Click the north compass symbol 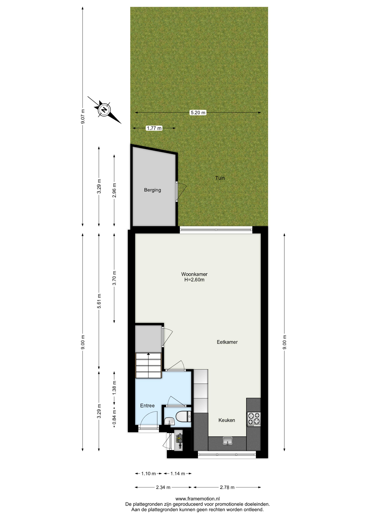click(x=104, y=110)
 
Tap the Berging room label click(x=152, y=190)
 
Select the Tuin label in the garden click(x=220, y=178)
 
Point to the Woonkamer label click(x=194, y=274)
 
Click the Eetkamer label click(x=227, y=342)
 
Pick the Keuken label click(x=227, y=420)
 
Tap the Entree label click(x=147, y=405)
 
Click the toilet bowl click(x=183, y=416)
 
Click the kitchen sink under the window click(x=227, y=441)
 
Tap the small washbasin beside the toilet click(x=169, y=421)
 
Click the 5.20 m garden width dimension click(x=198, y=112)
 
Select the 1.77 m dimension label click(x=154, y=128)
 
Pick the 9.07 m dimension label click(x=83, y=117)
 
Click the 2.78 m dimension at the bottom click(x=227, y=487)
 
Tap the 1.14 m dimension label click(x=178, y=474)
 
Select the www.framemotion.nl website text click(x=198, y=499)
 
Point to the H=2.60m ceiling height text click(x=194, y=280)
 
